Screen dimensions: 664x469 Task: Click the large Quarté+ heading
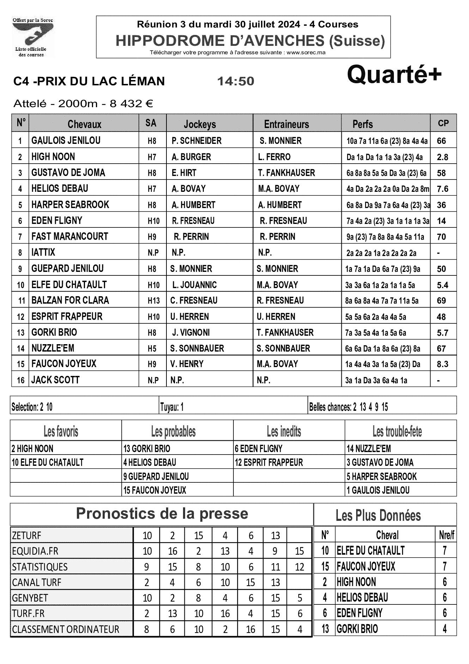tap(394, 74)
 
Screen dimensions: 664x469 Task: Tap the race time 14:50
tap(235, 81)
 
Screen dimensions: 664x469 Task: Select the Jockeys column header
tap(200, 124)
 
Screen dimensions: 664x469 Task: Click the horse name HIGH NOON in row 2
tap(53, 157)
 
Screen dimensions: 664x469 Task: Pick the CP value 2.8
tap(442, 157)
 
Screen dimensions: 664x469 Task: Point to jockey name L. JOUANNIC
tap(194, 285)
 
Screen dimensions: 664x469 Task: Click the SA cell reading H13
tap(153, 301)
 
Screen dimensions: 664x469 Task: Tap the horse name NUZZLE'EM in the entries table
tap(53, 348)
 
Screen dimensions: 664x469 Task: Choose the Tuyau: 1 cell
tap(172, 407)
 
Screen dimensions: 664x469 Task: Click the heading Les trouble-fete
tap(397, 431)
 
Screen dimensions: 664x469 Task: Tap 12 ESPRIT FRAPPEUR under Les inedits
tap(269, 462)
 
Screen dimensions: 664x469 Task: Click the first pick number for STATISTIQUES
tap(146, 567)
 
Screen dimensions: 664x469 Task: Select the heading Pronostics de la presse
tap(162, 514)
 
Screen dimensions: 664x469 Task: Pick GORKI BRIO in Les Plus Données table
tap(357, 629)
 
